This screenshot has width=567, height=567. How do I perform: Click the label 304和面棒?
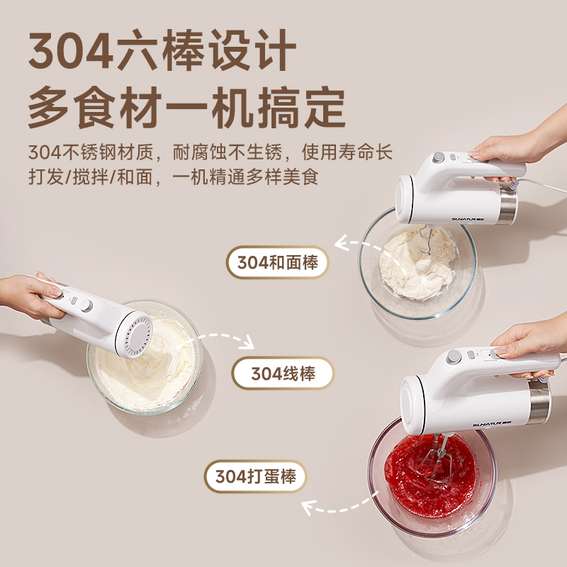[277, 262]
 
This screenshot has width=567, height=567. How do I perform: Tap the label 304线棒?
[283, 374]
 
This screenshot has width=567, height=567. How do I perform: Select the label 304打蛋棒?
[255, 476]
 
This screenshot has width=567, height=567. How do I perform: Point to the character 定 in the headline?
[325, 107]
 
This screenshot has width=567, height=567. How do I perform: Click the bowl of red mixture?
[432, 478]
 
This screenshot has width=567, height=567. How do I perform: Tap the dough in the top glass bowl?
[417, 263]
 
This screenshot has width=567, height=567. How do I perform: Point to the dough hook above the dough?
[426, 239]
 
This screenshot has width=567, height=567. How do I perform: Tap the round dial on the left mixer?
[86, 305]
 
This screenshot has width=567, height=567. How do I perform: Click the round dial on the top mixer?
[439, 157]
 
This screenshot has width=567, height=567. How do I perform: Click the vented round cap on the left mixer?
[135, 334]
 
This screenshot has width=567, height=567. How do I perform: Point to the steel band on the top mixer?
[507, 203]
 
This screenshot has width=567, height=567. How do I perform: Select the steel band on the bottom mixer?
[539, 401]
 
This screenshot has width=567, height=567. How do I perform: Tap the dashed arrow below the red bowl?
[339, 505]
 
